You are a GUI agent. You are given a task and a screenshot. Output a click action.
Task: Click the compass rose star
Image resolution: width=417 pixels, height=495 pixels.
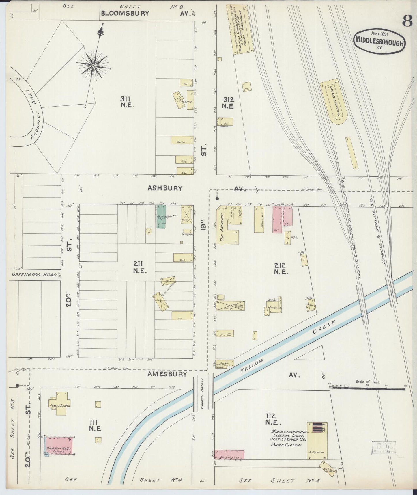point(94,66)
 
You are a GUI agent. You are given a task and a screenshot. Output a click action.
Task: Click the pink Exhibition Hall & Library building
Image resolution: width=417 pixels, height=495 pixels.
point(59,446)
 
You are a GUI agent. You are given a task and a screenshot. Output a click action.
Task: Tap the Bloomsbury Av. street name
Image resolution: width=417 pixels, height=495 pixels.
point(125,13)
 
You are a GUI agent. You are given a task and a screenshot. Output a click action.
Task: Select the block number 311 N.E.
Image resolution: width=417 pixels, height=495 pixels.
point(127,102)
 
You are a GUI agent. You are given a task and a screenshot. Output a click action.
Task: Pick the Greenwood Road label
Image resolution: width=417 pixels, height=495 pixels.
point(34,274)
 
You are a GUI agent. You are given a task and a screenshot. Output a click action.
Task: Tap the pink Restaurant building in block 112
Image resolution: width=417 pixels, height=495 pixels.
point(229,454)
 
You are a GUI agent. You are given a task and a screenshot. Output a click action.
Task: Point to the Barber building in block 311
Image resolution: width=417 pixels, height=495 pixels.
point(182,140)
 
